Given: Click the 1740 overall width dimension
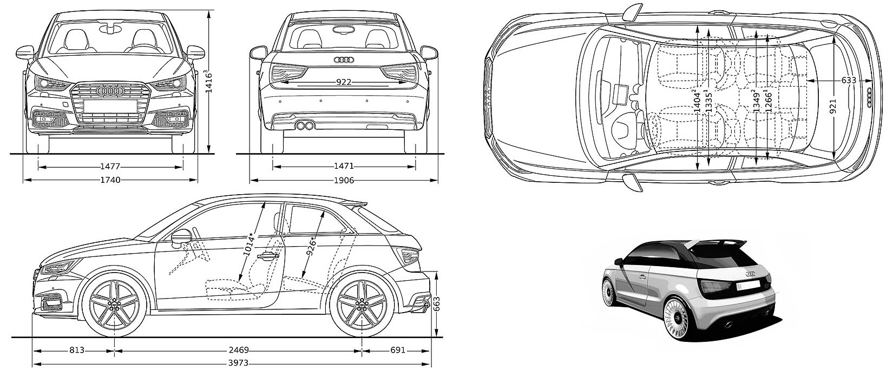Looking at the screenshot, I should tap(110, 180).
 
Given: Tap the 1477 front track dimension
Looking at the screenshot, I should tap(110, 167).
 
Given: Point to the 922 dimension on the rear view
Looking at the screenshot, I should tap(344, 82).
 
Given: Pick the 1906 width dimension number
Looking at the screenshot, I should tap(344, 180).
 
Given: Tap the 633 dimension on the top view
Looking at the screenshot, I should tap(849, 81).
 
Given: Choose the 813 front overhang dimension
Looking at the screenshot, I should tap(77, 350).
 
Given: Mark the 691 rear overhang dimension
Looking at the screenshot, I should tap(397, 350).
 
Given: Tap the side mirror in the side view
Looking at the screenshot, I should tap(182, 238).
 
